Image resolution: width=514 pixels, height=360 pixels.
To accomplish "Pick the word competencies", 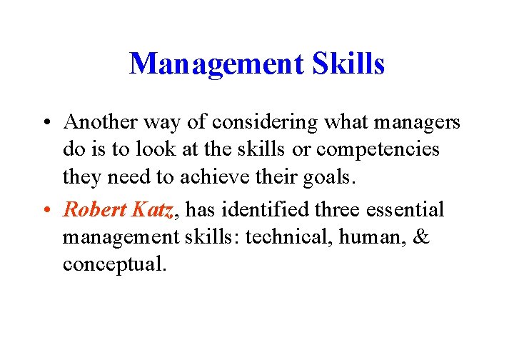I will [x=378, y=150].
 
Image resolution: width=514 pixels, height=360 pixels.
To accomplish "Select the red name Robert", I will [x=94, y=209].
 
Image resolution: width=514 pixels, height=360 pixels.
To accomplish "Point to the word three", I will [x=337, y=209].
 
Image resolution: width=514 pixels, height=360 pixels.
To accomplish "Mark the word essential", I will [x=406, y=209].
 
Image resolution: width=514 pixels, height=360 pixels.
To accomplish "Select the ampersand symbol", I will [x=421, y=236].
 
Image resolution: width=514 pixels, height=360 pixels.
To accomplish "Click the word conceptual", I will [x=114, y=264].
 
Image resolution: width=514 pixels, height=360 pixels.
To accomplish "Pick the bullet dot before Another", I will [x=45, y=123].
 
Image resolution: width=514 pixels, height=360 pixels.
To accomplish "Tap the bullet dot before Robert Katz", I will [x=45, y=210].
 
